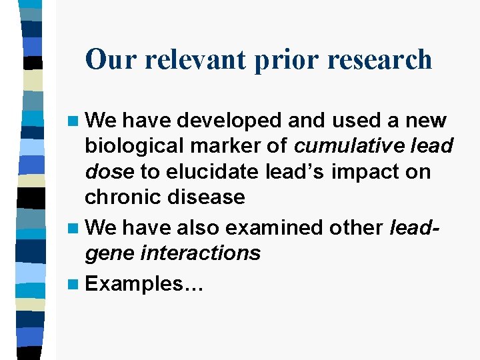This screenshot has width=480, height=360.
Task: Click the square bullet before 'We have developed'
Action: [x=75, y=121]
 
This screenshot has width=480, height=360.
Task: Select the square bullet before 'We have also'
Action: [x=75, y=228]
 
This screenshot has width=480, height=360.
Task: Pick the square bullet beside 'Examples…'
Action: [x=75, y=284]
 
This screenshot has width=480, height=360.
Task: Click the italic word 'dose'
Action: [x=109, y=172]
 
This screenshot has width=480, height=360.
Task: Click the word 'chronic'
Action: [x=125, y=197]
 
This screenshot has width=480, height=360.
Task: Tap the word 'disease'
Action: [x=208, y=197]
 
